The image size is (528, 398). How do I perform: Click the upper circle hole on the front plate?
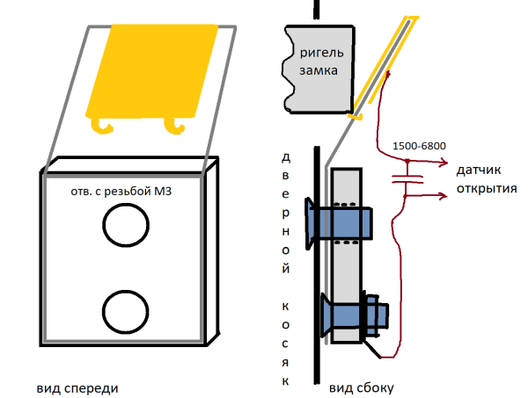tap(122, 228)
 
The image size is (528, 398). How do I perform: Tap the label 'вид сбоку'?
tap(363, 387)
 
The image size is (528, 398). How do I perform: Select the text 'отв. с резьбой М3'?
tap(126, 191)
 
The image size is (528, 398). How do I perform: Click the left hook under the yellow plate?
tap(106, 127)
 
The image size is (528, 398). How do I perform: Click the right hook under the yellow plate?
tap(175, 127)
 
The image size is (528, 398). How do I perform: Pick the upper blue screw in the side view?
tap(339, 219)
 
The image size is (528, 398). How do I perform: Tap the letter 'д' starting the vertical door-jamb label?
tap(284, 159)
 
